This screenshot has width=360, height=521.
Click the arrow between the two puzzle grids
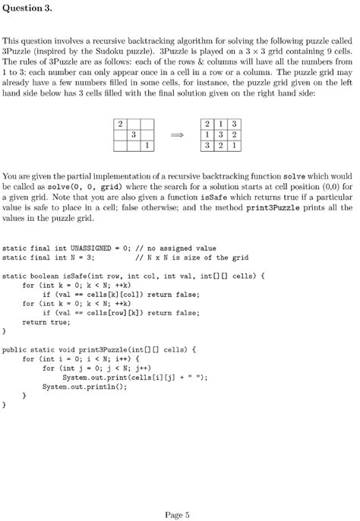pos(177,134)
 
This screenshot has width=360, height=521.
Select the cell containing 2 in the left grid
pos(119,124)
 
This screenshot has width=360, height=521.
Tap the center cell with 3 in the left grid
pos(133,134)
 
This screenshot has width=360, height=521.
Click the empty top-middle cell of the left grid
pos(133,124)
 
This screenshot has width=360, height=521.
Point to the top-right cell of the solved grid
pos(235,124)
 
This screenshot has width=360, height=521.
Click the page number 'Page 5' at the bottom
pos(177,494)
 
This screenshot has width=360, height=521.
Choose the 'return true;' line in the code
pos(45,322)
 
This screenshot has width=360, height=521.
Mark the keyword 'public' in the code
pos(15,350)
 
